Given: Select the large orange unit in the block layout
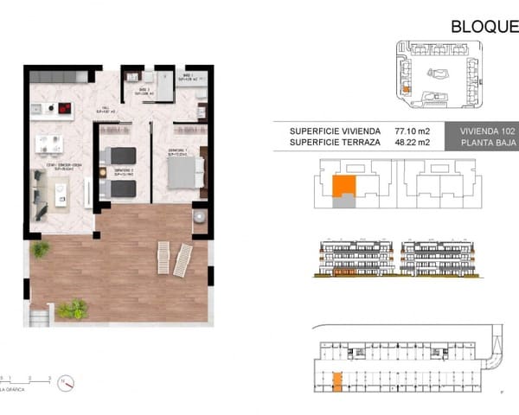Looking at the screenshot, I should [343, 185].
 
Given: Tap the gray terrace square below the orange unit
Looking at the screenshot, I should [344, 201].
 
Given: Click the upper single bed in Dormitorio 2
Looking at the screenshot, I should [119, 156].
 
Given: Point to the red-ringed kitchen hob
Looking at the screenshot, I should [62, 108].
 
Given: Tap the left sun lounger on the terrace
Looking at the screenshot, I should [163, 257].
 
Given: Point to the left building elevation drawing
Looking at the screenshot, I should [354, 259].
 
